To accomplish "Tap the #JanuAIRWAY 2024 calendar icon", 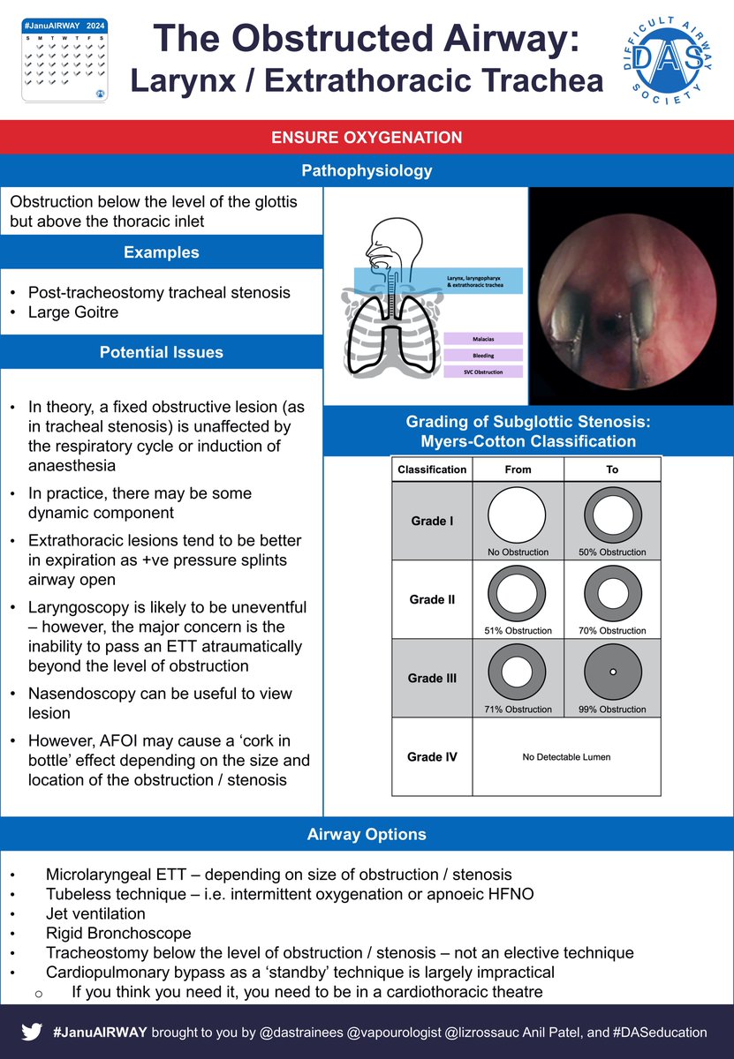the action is (62, 61).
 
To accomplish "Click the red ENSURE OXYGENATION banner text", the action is (367, 138).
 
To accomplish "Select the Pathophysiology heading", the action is (367, 169).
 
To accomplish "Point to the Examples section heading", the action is (161, 252).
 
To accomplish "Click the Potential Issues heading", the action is (161, 352).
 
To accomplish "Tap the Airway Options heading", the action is (367, 834).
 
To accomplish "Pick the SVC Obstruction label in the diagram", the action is (483, 372).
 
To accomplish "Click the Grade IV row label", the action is (432, 757).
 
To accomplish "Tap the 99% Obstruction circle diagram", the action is (612, 672).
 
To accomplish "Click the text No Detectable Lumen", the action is (565, 757).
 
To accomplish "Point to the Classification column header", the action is (432, 469).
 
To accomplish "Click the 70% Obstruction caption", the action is (612, 630).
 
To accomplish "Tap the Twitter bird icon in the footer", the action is (31, 1031).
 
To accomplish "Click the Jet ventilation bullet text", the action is (95, 913).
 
